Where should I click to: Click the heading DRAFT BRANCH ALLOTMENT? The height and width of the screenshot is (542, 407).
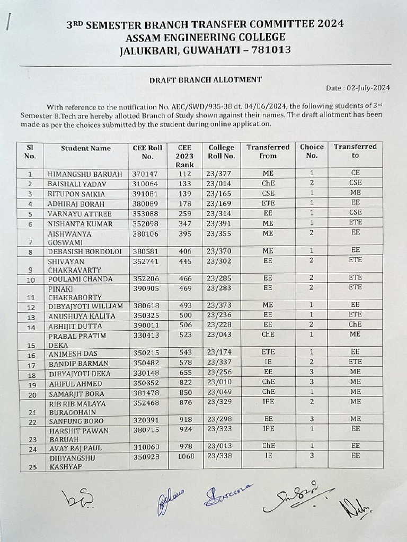coord(205,79)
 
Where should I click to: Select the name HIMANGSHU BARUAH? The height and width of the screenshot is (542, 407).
coord(85,174)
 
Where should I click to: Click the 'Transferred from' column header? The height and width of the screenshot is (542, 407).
coord(268,151)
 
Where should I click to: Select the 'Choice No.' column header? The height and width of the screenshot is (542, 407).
coord(312,151)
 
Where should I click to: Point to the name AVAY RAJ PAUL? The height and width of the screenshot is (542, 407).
coord(75,448)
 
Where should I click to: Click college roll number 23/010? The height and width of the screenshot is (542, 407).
coord(221,383)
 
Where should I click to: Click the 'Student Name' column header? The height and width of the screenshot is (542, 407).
coord(86,148)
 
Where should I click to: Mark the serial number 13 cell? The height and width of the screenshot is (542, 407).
coord(31,318)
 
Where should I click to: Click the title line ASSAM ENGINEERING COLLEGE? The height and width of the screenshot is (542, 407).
coord(205,37)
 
